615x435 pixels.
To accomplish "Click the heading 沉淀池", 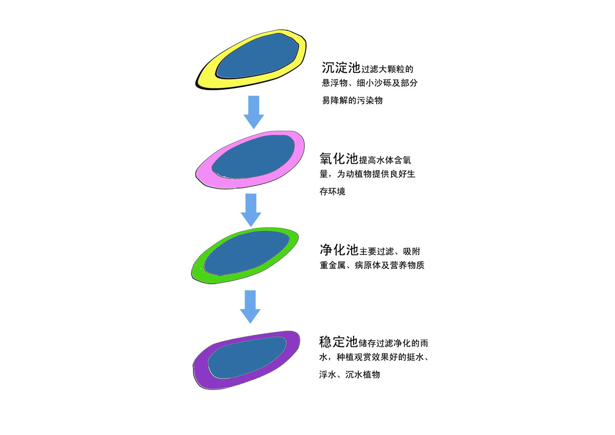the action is tap(341, 68).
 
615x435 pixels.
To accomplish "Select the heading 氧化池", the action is tap(339, 159).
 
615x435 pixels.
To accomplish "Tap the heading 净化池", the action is tap(339, 250).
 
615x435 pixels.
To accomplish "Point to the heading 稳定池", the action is tap(338, 342).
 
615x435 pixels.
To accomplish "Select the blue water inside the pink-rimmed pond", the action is tap(253, 157).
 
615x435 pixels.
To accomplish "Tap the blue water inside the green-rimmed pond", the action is tap(247, 253).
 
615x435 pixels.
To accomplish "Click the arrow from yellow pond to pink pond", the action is tap(254, 112).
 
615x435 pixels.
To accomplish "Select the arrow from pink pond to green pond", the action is tap(251, 210).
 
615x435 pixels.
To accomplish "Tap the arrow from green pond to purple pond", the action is tap(250, 307).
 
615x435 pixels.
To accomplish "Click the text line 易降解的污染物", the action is tap(352, 101).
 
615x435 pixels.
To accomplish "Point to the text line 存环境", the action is tap(332, 191).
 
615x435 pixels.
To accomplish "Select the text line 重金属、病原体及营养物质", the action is tap(372, 265).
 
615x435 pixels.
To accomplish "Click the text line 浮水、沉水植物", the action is tap(350, 374).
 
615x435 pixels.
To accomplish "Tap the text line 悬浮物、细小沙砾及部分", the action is tap(370, 83).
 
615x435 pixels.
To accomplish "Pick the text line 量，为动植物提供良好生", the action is tap(367, 174).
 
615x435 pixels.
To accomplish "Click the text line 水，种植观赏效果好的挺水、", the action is tap(374, 357).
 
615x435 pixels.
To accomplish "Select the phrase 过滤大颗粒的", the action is tap(387, 69).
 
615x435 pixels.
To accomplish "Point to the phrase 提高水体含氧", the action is tap(385, 160).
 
